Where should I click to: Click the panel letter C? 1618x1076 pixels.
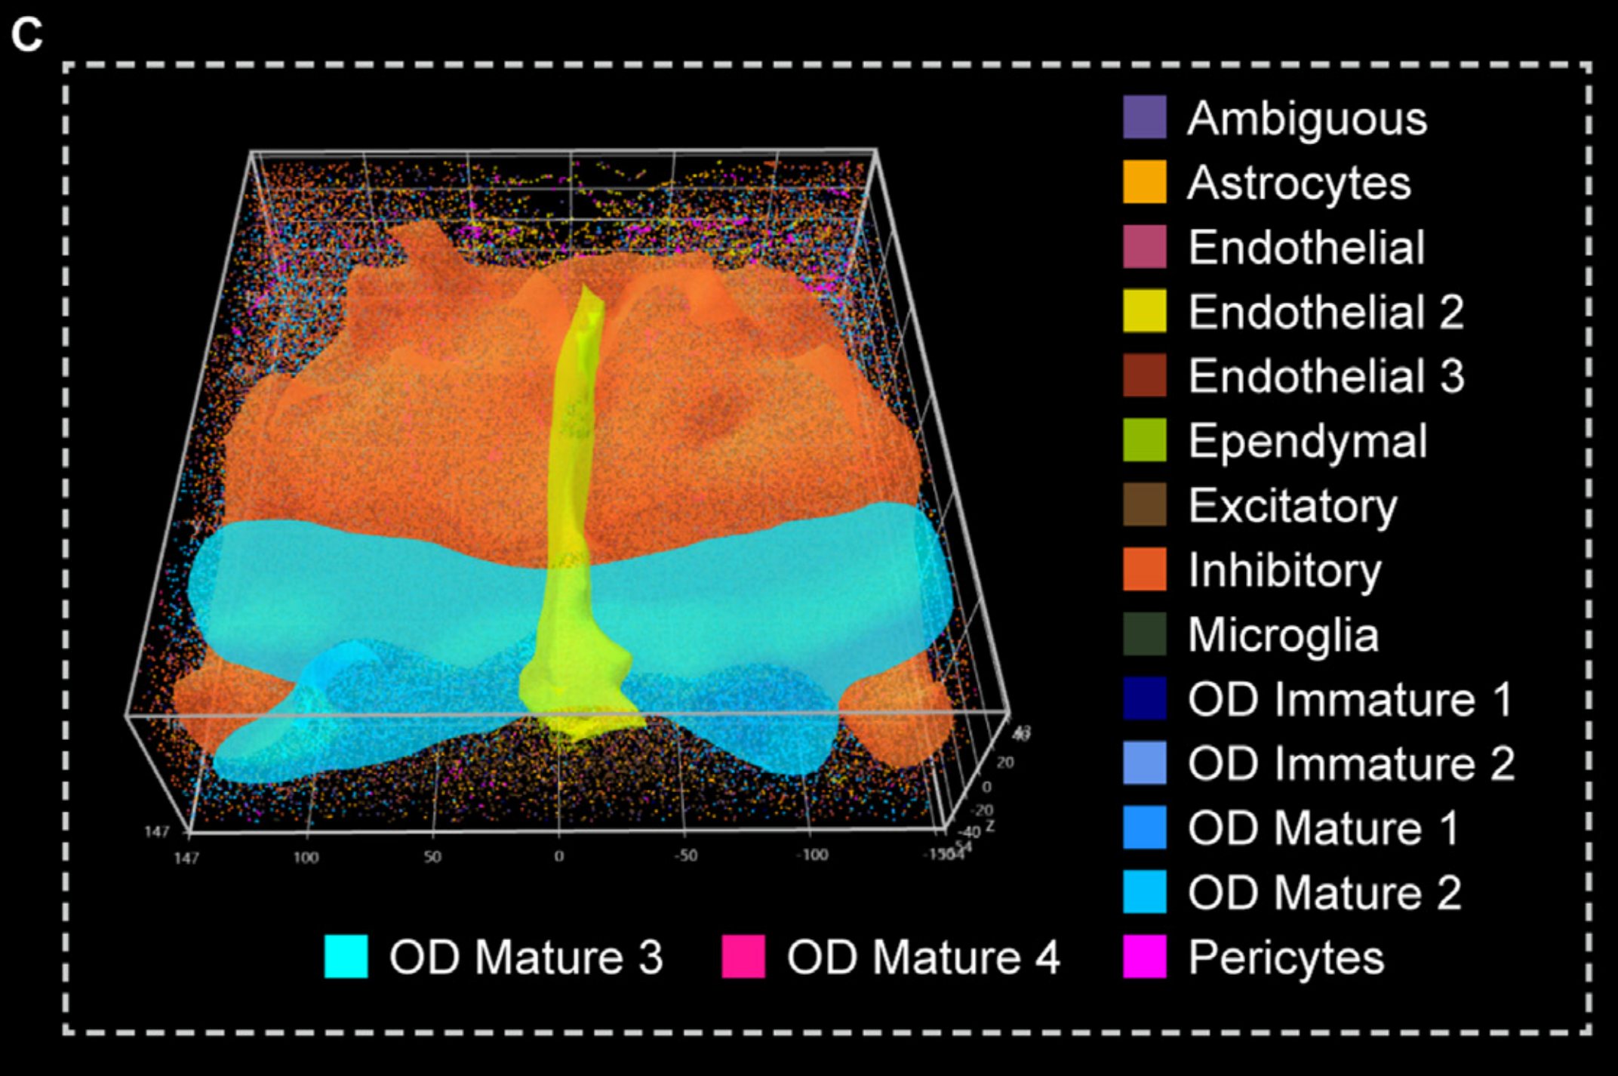26,35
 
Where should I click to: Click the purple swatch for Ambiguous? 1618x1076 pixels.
1144,118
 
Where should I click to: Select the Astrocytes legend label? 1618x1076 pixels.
1299,183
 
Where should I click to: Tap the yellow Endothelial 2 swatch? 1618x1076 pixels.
1144,311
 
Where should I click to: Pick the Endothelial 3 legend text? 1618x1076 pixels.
1326,376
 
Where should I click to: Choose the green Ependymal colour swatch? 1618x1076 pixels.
1144,440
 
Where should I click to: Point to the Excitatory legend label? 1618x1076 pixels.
1293,505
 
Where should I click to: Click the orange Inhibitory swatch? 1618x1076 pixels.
1144,569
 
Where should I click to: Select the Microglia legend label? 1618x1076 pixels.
1283,634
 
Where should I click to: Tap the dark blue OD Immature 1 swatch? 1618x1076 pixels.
1144,698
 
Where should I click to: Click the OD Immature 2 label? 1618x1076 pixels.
1351,763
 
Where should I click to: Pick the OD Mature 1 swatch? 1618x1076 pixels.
1144,828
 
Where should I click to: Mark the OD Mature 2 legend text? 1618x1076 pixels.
1324,893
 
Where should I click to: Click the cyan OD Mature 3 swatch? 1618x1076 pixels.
346,957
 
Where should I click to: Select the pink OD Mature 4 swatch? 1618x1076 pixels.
743,957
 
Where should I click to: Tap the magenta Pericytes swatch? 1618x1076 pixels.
1144,957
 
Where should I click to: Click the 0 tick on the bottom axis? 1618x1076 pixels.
558,856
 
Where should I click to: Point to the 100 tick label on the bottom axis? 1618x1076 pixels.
306,857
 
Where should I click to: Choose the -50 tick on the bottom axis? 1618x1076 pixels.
685,856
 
